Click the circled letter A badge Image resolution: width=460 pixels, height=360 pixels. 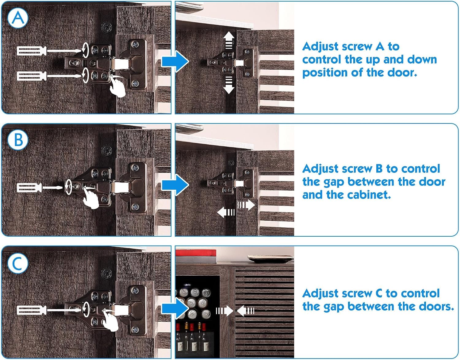[x=18, y=18]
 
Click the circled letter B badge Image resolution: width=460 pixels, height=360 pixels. [x=18, y=140]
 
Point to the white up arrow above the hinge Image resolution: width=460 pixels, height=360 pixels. [x=229, y=40]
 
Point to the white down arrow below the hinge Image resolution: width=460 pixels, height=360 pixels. [x=229, y=85]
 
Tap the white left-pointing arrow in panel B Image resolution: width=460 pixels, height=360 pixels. [x=226, y=212]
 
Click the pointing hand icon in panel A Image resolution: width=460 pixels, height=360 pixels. [x=117, y=87]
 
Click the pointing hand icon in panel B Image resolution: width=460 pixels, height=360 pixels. [x=90, y=197]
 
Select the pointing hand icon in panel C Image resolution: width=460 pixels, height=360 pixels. [x=110, y=320]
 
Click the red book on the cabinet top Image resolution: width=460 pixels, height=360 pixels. [x=196, y=253]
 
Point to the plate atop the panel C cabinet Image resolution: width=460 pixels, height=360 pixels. [x=270, y=259]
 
